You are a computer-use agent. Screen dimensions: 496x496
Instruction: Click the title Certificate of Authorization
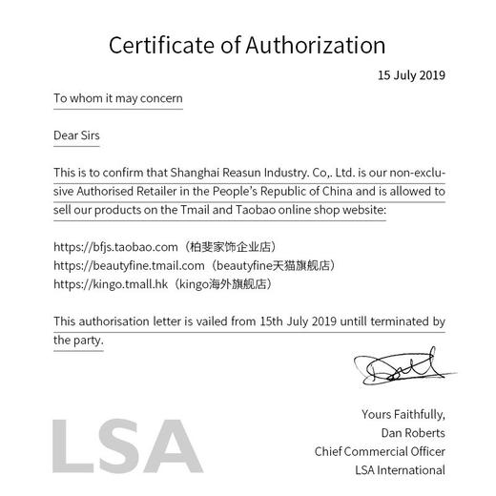click(x=247, y=44)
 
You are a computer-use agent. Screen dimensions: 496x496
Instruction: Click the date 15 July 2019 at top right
click(x=411, y=74)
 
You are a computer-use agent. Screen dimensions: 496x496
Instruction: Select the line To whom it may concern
click(x=118, y=97)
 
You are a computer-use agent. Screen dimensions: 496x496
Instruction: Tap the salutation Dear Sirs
click(x=76, y=135)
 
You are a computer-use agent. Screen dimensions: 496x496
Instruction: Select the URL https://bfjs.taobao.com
click(x=116, y=246)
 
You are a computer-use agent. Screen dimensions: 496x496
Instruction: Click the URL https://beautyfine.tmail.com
click(x=129, y=265)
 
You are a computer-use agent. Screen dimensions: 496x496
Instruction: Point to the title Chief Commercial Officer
click(x=380, y=451)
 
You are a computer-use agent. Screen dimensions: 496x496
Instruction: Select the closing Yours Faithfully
click(x=403, y=414)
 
